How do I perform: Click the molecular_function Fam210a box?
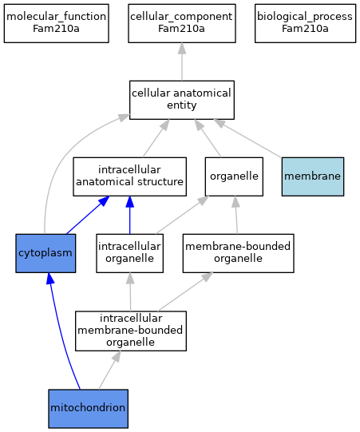coord(57,23)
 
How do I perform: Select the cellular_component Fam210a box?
coord(182,23)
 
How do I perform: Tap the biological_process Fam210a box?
coord(305,23)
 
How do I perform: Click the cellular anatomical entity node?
coord(182,100)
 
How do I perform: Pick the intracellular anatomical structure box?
coord(130,176)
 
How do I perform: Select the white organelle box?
coord(234,176)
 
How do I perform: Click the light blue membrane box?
coord(313,176)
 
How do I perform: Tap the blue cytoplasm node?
coord(45,253)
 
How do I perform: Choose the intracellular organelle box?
coord(130,253)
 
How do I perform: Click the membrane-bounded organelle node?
coord(238,253)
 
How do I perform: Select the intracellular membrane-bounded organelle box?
coord(131,331)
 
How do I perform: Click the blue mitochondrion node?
coord(88,409)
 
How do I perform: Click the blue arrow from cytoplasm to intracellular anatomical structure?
coord(88,215)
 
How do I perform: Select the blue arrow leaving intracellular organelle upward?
coord(130,215)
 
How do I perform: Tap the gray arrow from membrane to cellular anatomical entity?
coord(247,139)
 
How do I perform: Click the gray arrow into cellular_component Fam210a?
coord(182,61)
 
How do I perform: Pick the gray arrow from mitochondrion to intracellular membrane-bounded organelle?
coord(109,370)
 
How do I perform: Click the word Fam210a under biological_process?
coord(305,29)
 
